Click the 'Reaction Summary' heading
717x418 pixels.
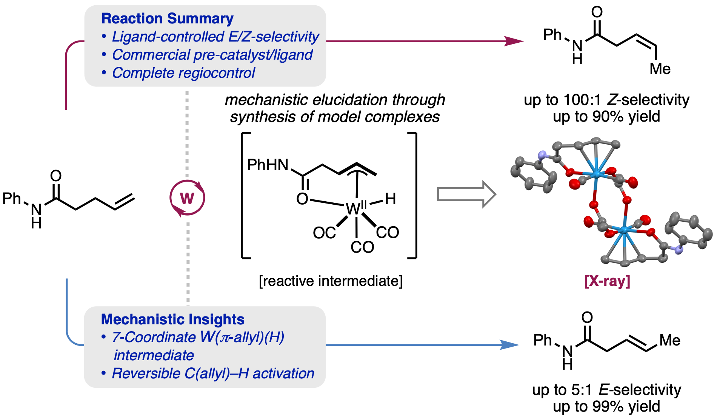coord(167,19)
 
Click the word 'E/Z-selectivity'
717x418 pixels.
coord(274,37)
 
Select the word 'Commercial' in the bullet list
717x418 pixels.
coord(151,55)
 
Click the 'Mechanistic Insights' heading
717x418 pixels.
coord(172,319)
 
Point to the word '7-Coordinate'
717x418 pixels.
coord(154,337)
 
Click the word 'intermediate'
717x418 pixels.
coord(154,355)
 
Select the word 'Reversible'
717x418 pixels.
coord(146,373)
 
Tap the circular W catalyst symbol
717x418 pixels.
coord(187,198)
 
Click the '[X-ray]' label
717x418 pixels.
coord(607,281)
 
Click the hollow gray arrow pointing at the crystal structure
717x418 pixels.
coord(466,194)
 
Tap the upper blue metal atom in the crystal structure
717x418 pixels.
coord(597,173)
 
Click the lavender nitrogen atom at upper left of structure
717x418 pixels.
coord(543,155)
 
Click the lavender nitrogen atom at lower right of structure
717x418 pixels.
coord(679,250)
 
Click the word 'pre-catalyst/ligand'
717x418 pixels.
coord(253,55)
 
